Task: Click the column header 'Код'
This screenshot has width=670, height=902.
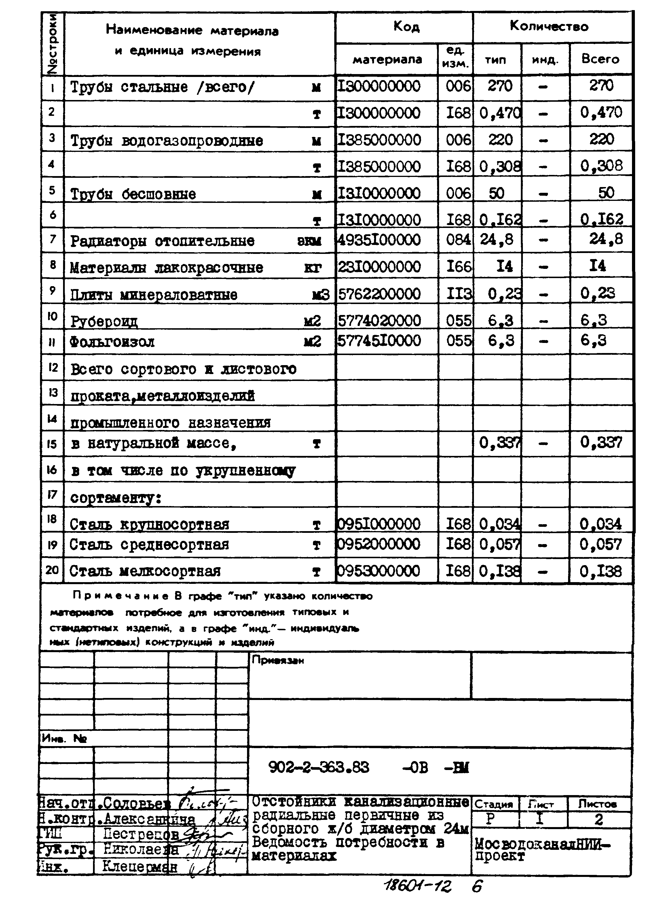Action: pos(406,27)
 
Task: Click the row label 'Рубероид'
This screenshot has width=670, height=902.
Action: pos(104,321)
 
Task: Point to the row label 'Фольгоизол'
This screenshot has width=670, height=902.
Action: pos(112,342)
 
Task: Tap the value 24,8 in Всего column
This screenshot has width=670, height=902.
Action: pos(606,239)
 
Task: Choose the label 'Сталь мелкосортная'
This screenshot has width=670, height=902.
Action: pos(145,571)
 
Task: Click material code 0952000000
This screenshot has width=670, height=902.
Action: pos(379,544)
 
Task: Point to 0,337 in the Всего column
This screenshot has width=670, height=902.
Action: pos(601,442)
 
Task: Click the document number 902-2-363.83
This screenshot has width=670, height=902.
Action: pos(319,767)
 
